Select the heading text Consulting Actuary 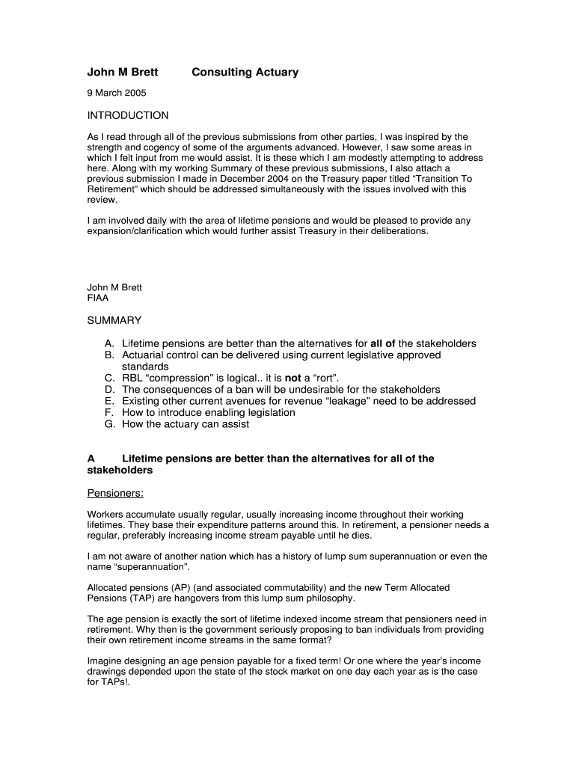pos(245,73)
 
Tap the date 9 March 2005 pos(117,94)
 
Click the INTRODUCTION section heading pos(128,115)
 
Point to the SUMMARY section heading pos(114,320)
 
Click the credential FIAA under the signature pos(98,298)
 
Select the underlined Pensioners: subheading pos(115,494)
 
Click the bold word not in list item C pos(292,379)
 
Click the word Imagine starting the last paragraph pos(106,661)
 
